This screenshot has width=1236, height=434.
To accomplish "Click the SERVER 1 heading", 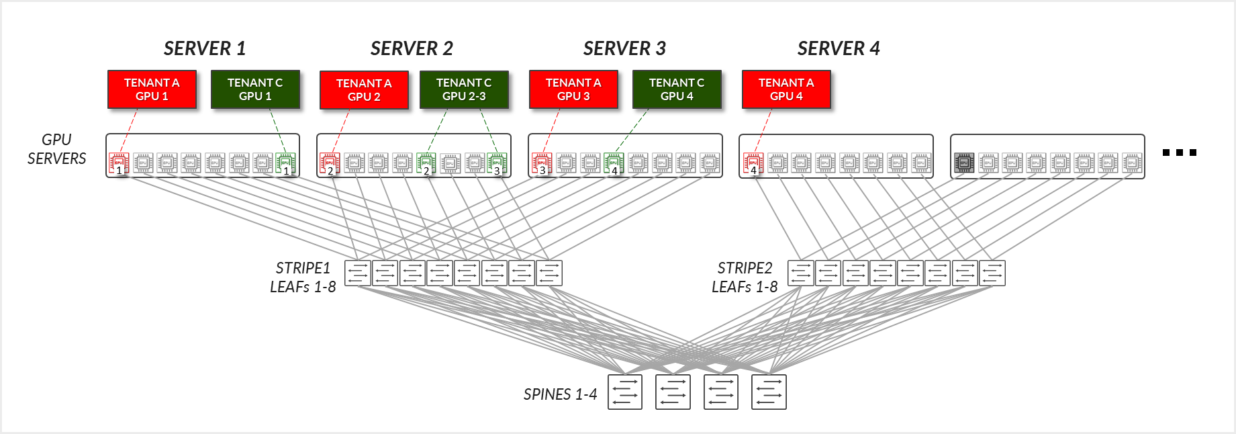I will point(205,48).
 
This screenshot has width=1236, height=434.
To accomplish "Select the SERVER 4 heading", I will point(839,48).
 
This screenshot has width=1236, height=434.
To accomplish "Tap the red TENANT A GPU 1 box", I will point(152,89).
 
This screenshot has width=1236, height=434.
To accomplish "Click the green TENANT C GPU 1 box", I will point(255,89).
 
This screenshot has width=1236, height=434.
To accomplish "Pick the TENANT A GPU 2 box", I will point(364,90).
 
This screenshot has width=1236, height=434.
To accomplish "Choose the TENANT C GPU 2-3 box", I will point(464,89).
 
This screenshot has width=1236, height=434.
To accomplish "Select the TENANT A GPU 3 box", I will point(573,89).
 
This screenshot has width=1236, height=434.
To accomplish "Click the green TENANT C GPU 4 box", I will point(677,89).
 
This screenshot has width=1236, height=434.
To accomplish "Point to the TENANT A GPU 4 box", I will point(786,89).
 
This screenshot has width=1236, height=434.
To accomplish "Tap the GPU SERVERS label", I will point(56,149).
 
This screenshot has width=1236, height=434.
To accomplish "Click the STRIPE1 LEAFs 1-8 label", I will point(303,277).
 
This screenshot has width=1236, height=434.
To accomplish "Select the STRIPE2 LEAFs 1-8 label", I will point(745,277).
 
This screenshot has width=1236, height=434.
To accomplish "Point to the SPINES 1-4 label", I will point(560,394).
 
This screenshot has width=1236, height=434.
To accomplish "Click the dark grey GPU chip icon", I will point(964,163).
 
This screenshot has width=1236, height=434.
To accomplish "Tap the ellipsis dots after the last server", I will point(1179,153).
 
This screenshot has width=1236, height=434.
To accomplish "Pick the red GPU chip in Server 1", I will point(119,163).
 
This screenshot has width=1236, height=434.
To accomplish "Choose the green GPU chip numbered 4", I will point(613,163).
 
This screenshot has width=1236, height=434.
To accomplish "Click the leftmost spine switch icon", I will point(625,392).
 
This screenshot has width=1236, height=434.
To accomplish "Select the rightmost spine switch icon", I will point(769,392).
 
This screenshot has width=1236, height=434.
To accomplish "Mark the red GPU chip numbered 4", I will point(753,163).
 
